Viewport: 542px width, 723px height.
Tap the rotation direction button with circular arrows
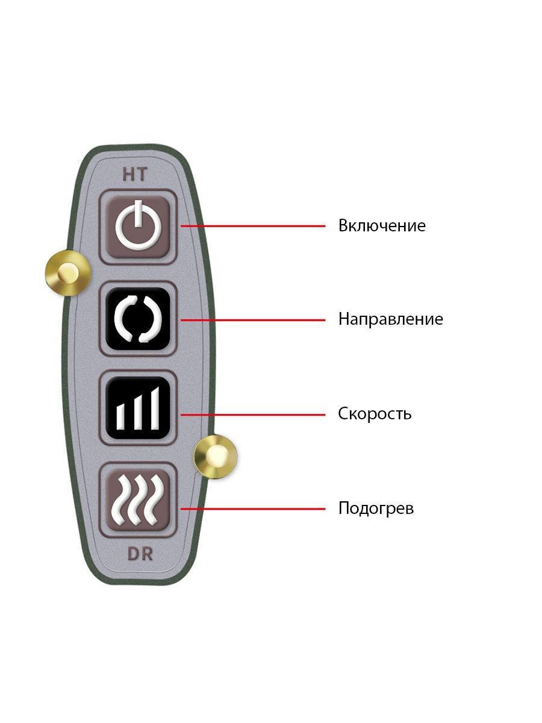[x=138, y=319]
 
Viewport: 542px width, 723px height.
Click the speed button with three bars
[x=138, y=408]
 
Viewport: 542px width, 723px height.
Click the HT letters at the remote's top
[x=135, y=174]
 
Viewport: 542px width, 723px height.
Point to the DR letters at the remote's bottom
[x=140, y=554]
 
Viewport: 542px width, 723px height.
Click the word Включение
[x=382, y=225]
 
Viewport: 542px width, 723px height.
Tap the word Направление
[x=391, y=319]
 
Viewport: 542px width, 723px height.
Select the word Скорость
[x=375, y=413]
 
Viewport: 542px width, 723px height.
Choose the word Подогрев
[x=376, y=508]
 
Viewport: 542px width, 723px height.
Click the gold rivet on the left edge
[x=68, y=273]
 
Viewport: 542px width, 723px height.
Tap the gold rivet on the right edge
[x=216, y=457]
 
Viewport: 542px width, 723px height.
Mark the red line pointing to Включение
[x=253, y=226]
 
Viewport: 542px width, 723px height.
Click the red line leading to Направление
[x=253, y=320]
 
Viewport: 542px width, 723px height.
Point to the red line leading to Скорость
[x=253, y=415]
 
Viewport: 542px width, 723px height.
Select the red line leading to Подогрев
[x=253, y=509]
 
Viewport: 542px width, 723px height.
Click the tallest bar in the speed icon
[x=155, y=408]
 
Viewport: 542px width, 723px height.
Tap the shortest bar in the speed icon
[x=121, y=418]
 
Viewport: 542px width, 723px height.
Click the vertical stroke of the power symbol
[x=139, y=213]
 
